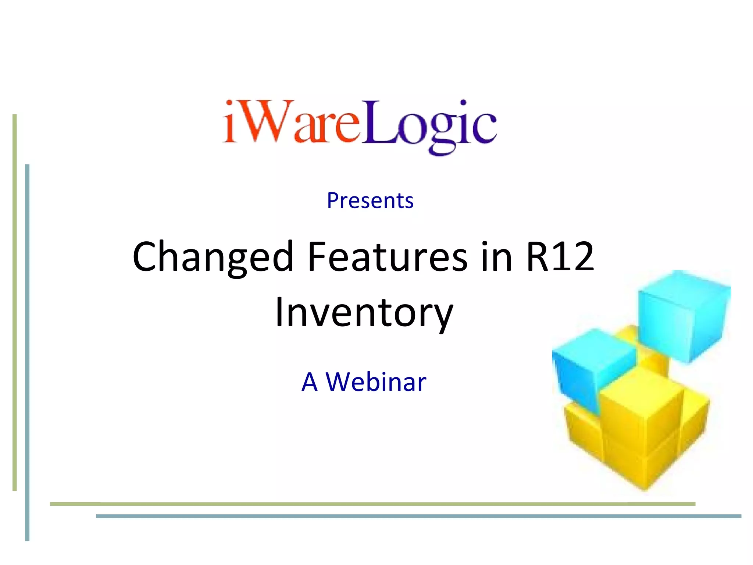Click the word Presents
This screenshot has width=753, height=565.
point(370,201)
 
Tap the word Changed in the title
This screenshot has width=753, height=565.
point(213,257)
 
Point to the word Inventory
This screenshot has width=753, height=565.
point(364,313)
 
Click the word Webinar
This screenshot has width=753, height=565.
point(376,382)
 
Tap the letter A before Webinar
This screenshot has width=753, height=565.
point(310,382)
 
